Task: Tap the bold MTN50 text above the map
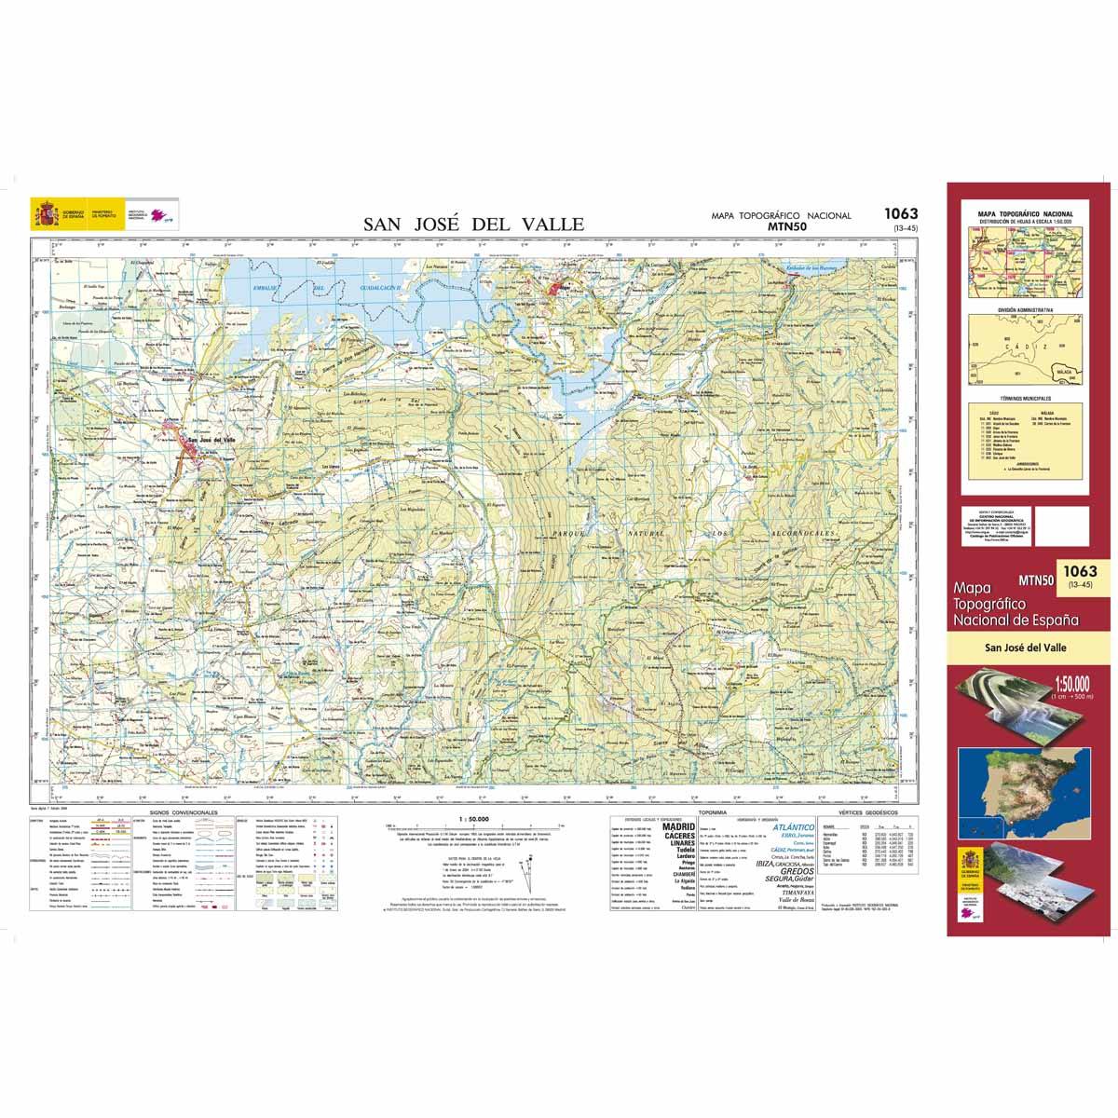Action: click(x=782, y=225)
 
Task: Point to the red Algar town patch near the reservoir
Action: click(x=563, y=290)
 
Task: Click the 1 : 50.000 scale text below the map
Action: click(x=474, y=818)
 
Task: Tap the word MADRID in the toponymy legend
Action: click(x=677, y=826)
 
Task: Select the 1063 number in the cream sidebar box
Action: click(x=1079, y=571)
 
